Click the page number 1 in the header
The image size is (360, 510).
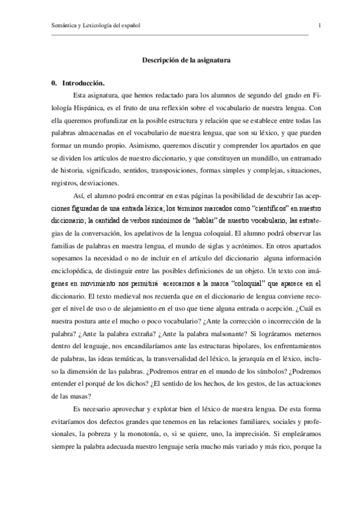[319, 25]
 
